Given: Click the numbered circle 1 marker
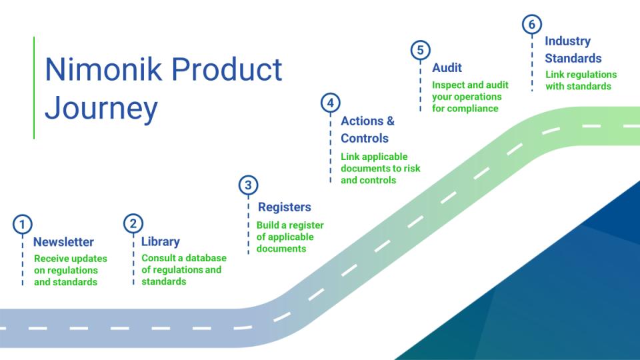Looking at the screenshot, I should pos(23,224).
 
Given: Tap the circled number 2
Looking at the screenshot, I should pos(133,224).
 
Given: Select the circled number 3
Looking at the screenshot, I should pos(248,185).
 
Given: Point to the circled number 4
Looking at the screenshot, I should pos(330,103).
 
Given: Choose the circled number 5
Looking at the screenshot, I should pos(420,50).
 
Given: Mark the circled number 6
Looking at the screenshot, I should pos(531,25).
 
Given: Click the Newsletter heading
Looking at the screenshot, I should pos(63,242).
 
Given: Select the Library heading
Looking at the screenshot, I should pos(160,242).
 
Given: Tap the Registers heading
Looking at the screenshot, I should pos(284,207).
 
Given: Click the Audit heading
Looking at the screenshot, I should pos(447,67).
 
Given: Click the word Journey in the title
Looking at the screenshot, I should pos(101,109).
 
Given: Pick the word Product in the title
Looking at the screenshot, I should pos(230,69).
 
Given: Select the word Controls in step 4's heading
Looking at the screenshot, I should pos(364,138).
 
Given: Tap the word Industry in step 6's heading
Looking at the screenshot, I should pos(568,41).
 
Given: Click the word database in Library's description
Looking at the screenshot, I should pos(205,258).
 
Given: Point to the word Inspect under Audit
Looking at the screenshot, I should pos(449,85).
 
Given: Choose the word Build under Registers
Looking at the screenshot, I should pos(269,225).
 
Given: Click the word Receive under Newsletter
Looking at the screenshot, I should pos(52,259).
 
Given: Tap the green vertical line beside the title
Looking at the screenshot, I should pos(34,87).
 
